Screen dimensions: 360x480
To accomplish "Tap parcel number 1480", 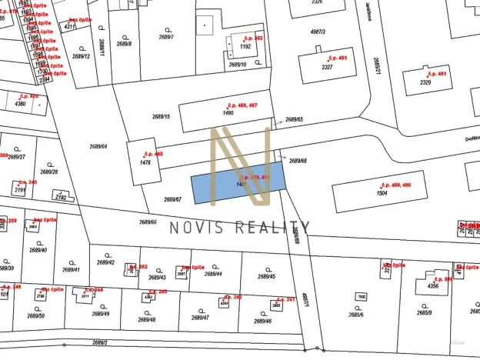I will click(228, 113).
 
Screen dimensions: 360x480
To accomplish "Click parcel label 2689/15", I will click(162, 117).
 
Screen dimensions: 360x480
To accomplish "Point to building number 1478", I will click(143, 162).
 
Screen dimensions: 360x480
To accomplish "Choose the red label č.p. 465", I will click(153, 154).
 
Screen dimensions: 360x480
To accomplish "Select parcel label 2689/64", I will click(98, 146).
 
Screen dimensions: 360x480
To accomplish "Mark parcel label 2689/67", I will click(172, 199).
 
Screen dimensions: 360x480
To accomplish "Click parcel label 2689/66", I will click(148, 222).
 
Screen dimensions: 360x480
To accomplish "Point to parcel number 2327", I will click(327, 67).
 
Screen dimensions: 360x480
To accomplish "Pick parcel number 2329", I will click(425, 82).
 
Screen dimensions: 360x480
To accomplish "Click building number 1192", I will click(245, 46).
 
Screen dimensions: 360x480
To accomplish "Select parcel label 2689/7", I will click(167, 37).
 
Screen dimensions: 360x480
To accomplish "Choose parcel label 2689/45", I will click(266, 277).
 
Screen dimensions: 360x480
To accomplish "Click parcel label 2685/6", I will click(356, 313).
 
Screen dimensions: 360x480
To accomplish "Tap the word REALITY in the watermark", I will click(272, 227).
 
